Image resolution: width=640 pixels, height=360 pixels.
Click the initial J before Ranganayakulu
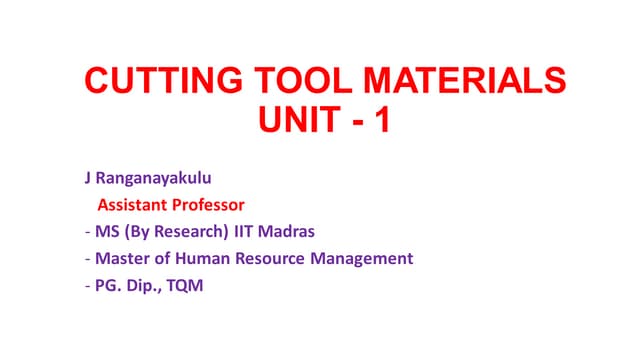pyautogui.click(x=88, y=181)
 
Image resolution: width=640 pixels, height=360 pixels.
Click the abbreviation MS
pyautogui.click(x=105, y=233)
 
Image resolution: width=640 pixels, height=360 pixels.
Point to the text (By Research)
pyautogui.click(x=172, y=233)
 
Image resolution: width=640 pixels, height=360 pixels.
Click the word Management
pyautogui.click(x=363, y=259)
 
